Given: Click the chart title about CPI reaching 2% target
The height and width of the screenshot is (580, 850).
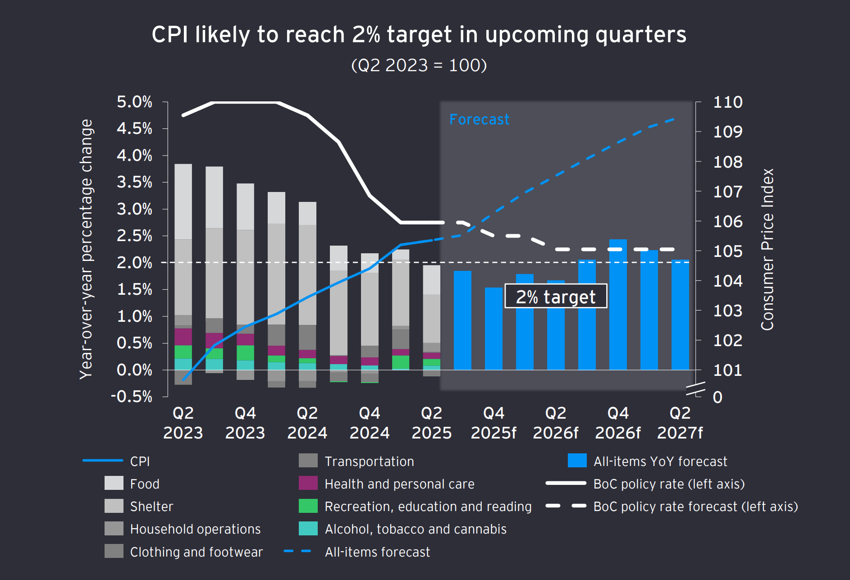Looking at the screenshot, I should click(419, 35).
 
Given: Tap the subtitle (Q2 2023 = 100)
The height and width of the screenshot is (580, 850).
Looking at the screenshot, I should click(419, 65).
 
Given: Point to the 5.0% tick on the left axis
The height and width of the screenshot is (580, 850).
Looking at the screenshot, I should click(134, 102).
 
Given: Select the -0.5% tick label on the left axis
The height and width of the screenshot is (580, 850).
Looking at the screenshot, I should click(132, 397).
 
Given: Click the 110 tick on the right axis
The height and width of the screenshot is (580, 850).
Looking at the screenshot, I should click(727, 102).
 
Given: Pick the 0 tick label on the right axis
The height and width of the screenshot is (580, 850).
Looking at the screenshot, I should click(717, 397).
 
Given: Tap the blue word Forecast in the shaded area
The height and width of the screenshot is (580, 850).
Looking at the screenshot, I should click(479, 119).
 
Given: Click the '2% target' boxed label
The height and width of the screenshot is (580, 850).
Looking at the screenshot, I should click(555, 297).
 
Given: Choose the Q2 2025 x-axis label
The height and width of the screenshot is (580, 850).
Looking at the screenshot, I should click(431, 423).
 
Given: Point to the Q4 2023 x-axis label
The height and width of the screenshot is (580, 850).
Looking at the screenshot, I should click(245, 423).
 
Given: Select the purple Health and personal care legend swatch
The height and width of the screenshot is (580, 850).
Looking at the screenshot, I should click(308, 483).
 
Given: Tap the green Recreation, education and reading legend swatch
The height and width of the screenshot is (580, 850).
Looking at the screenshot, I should click(308, 506).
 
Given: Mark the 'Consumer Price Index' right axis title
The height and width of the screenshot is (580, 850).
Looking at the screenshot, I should click(767, 249).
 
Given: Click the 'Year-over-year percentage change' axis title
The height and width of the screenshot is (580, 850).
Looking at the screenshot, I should click(86, 249).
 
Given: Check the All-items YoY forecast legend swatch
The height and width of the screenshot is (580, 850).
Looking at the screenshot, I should click(577, 461).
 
